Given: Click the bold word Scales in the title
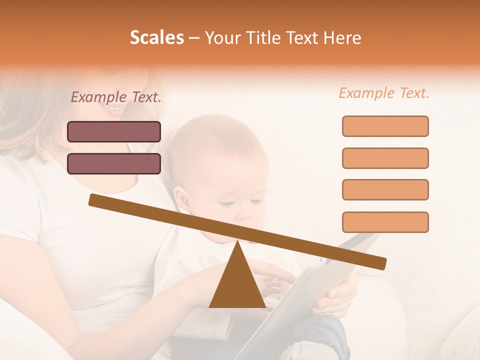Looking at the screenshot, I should (156, 38).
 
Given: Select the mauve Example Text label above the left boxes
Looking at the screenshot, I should (116, 97).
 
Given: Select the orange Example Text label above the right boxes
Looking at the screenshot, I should (384, 93).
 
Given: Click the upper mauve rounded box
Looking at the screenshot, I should (114, 131).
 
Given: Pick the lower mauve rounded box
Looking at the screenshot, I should (114, 163).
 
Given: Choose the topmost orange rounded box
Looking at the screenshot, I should (385, 126).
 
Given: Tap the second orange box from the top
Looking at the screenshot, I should (385, 158).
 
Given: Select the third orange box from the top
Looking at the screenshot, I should (385, 189).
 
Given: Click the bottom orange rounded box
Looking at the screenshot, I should (385, 222).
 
